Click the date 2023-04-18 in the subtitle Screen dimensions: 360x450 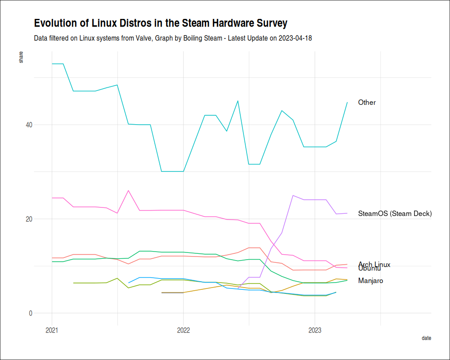coord(295,38)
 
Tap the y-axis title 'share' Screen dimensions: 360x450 coord(21,58)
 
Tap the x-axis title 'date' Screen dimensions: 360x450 coord(426,338)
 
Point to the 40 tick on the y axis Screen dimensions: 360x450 coord(28,125)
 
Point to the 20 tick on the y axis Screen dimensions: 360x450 coord(28,219)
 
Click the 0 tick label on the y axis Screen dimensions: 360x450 coord(31,313)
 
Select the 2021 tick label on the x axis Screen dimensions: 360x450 coord(52,331)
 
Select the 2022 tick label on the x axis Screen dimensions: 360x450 coord(183,331)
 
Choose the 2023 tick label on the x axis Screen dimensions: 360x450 coord(315,331)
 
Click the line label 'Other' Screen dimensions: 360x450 coord(367,103)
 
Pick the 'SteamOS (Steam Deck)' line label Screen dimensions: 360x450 coord(395,214)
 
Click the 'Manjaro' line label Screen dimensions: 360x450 coord(371,281)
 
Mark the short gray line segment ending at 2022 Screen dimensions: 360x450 coord(172,292)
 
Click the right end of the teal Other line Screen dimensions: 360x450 coord(347,102)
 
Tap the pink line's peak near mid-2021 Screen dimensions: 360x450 coord(129,190)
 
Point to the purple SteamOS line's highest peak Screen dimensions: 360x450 coord(293,195)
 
